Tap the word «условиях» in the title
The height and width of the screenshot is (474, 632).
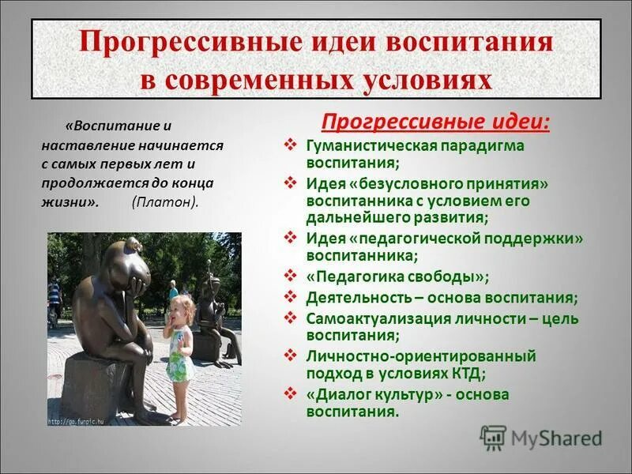click(x=418, y=79)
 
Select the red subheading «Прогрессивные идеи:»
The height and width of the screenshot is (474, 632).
click(x=435, y=122)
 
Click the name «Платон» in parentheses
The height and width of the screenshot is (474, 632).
click(x=165, y=201)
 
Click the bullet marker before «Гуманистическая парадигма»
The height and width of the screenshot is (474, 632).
click(x=291, y=145)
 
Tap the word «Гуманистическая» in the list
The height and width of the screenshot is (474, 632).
click(x=361, y=145)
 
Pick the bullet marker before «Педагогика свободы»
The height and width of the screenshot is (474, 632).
click(x=291, y=276)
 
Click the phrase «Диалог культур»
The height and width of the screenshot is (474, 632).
click(x=371, y=394)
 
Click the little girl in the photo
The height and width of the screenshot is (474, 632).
click(x=179, y=340)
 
